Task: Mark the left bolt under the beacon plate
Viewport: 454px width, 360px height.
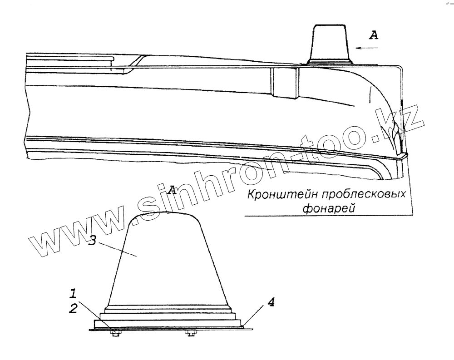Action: click(115, 334)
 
